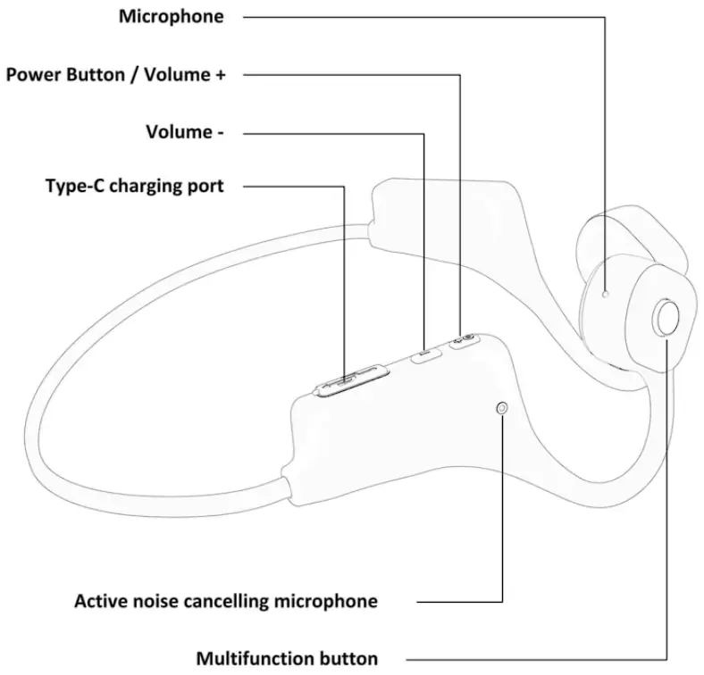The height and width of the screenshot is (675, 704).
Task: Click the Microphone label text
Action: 172,17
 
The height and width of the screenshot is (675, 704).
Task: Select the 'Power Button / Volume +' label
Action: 115,75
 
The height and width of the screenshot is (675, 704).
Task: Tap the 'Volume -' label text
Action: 184,132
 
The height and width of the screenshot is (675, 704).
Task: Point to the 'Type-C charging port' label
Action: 134,186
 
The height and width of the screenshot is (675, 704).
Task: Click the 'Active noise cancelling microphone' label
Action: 225,601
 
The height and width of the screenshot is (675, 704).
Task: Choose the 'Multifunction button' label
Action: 287,659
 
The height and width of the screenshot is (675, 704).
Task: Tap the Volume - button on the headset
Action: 427,354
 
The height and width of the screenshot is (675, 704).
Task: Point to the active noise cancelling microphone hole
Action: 504,408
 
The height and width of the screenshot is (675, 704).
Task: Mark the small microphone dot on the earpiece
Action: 606,292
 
